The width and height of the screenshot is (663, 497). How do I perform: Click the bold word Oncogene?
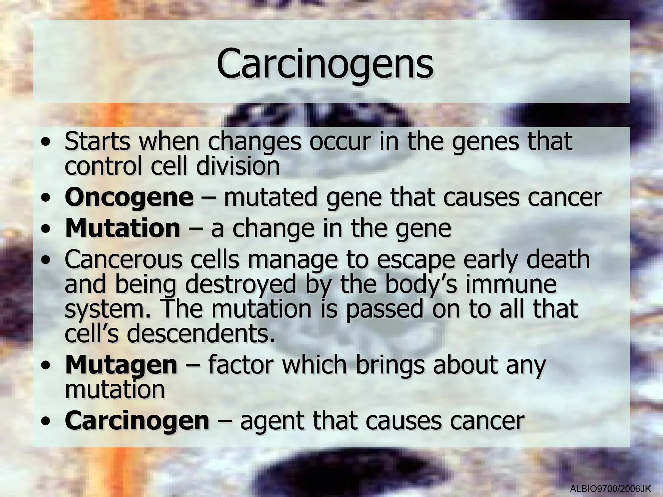coord(129,197)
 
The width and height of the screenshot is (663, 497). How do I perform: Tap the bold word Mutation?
coord(122,228)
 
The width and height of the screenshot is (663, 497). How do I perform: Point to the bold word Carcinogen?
coord(137,421)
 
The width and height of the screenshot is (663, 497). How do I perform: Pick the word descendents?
coord(201,334)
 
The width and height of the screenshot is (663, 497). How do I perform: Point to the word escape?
coord(415,260)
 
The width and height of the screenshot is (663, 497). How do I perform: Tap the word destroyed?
coord(241,285)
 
